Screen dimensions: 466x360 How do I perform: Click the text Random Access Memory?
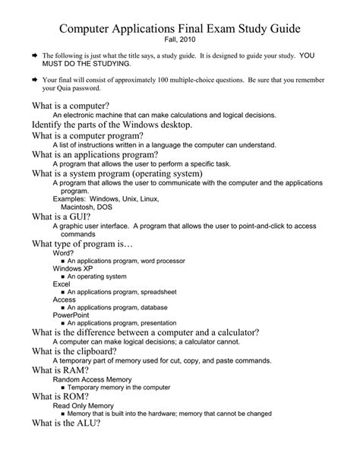point(92,379)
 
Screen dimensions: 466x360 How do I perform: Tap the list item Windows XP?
point(72,269)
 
